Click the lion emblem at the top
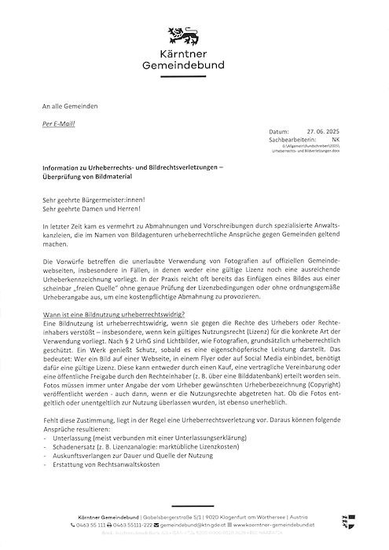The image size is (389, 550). (193, 36)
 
